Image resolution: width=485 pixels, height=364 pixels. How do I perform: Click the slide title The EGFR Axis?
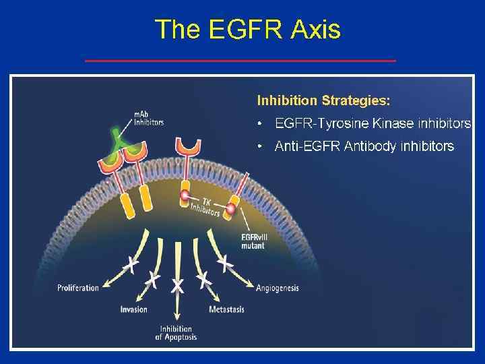click(x=247, y=30)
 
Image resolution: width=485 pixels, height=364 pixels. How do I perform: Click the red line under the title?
click(x=240, y=61)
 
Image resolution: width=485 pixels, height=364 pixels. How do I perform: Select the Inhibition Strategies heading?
click(x=323, y=100)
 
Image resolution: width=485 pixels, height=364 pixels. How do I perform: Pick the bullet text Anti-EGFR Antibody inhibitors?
click(x=364, y=146)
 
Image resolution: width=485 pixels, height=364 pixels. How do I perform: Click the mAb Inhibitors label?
click(x=148, y=119)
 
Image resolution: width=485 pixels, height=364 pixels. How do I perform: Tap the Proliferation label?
click(x=78, y=288)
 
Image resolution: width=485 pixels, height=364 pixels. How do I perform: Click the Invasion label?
click(x=133, y=309)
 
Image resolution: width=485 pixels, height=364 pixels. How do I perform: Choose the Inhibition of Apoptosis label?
click(x=176, y=332)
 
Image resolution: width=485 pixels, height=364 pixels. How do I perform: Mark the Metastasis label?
click(x=226, y=309)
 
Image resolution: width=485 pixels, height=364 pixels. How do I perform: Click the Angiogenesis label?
click(x=277, y=288)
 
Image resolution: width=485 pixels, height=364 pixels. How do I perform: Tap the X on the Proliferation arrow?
click(x=133, y=266)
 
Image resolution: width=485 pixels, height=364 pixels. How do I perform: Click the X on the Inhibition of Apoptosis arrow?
click(x=177, y=286)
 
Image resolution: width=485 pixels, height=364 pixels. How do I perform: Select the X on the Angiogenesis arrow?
click(x=225, y=264)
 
